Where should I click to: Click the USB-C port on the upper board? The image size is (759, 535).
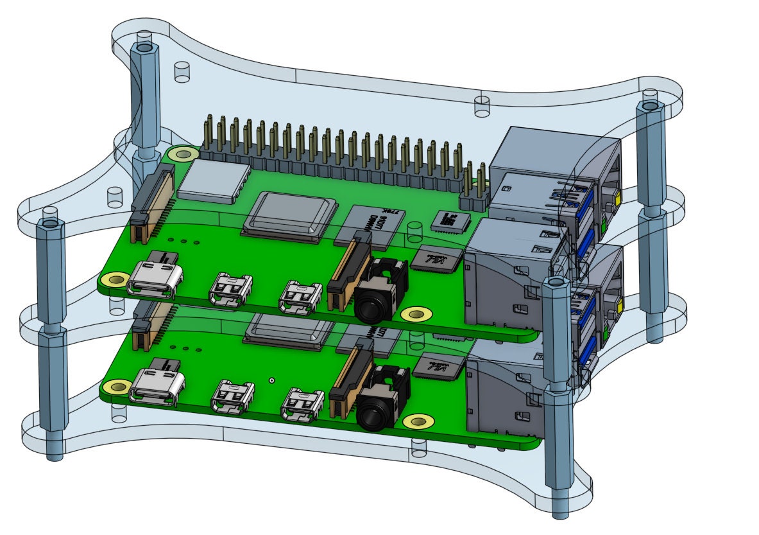pos(155,281)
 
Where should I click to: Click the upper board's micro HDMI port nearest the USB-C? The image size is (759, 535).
pos(230,290)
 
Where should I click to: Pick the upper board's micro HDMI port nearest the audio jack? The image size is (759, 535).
pos(300,297)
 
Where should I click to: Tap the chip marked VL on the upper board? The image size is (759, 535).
pos(438,260)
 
